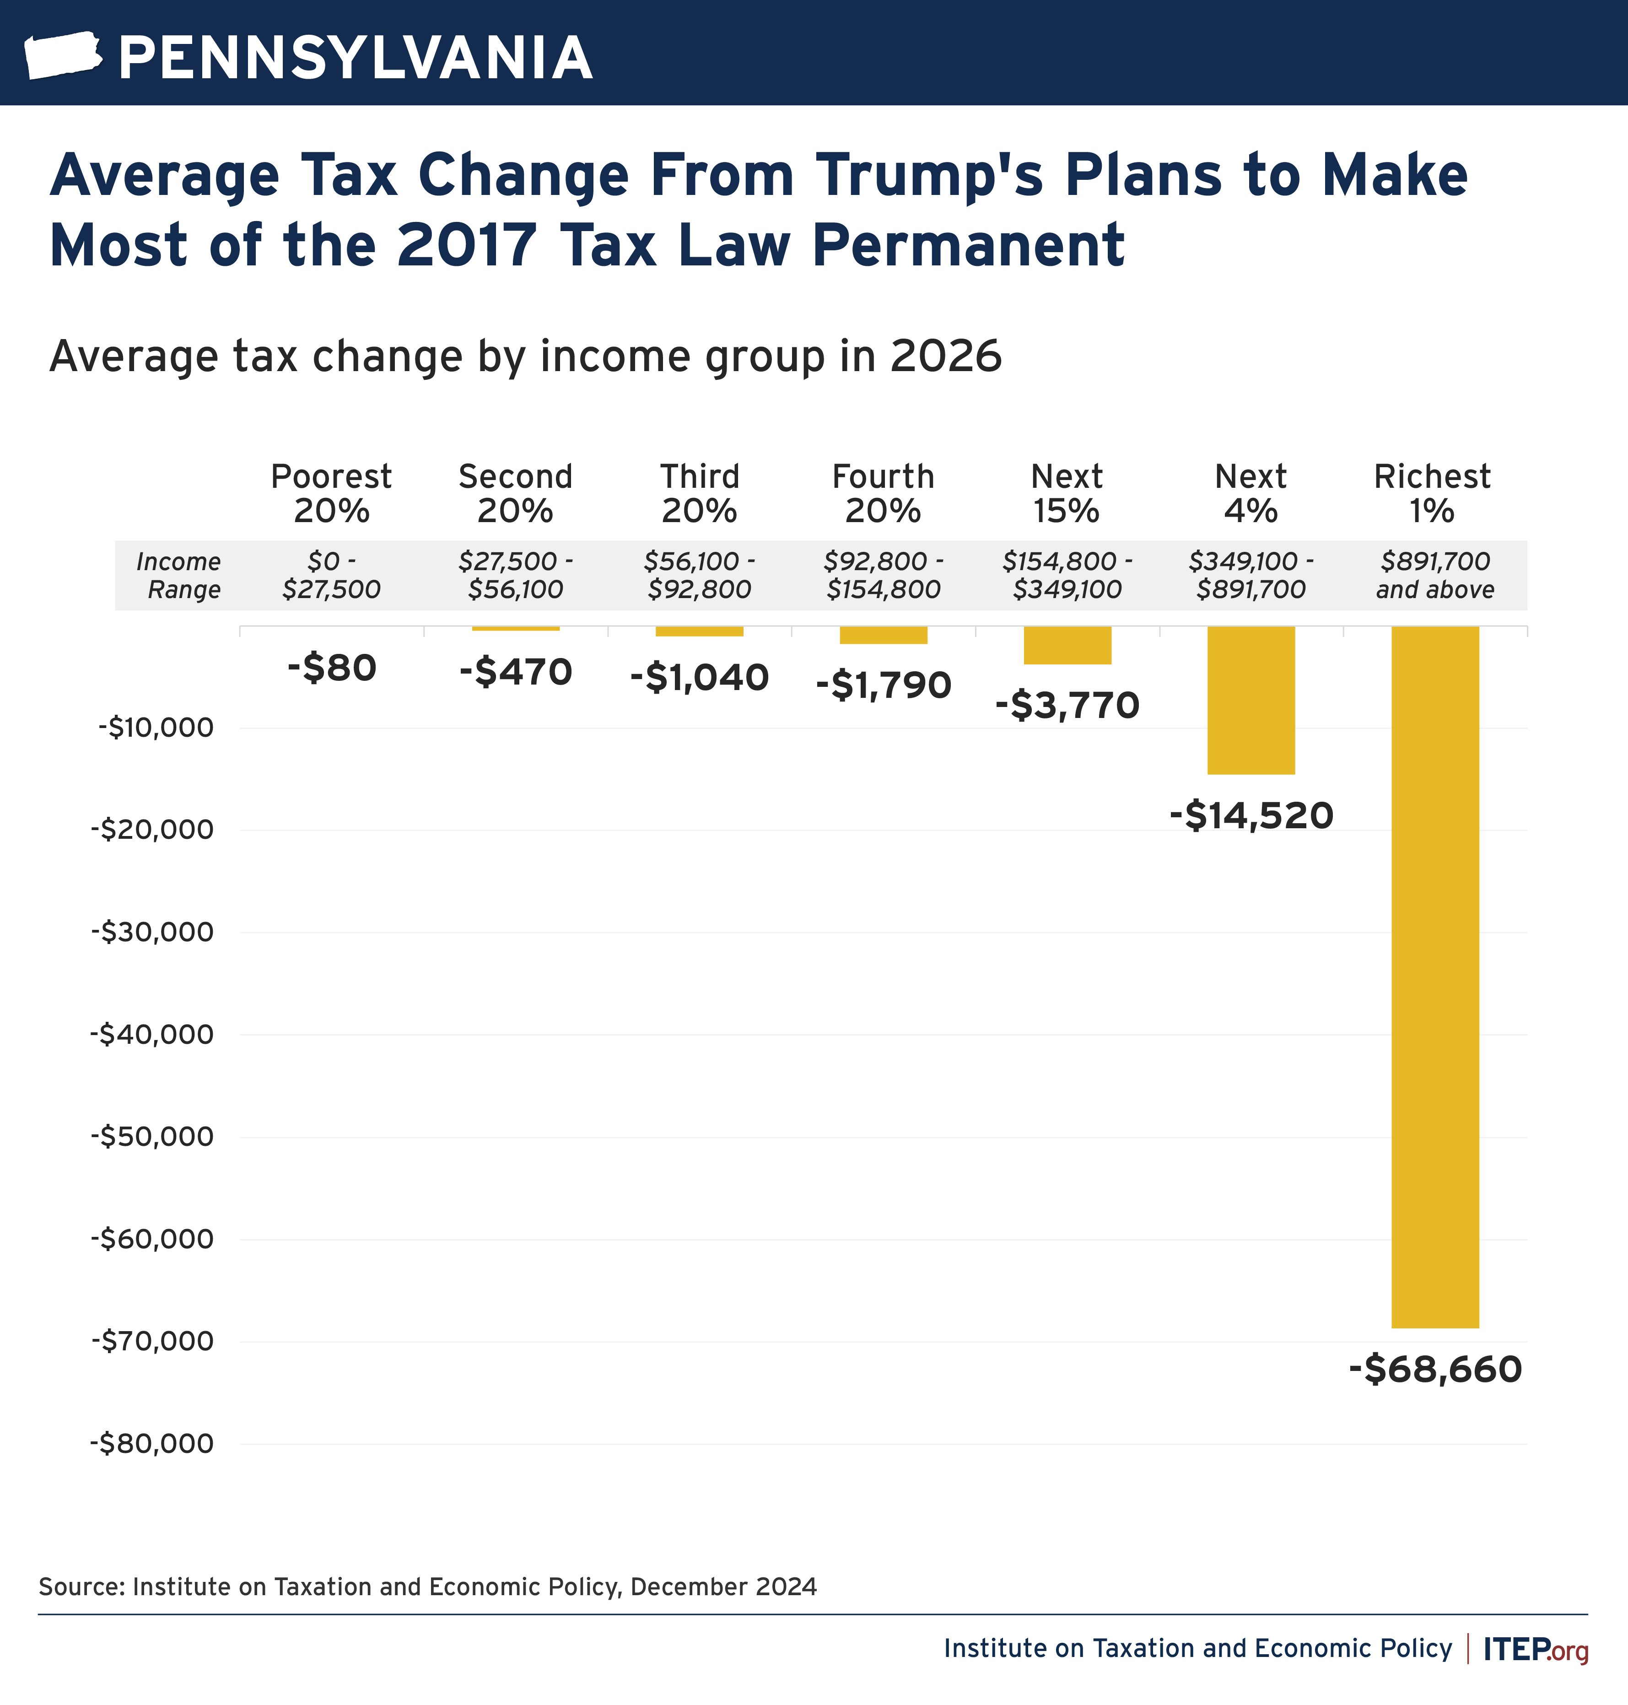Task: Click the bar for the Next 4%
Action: click(x=1251, y=699)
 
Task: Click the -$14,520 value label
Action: click(x=1251, y=815)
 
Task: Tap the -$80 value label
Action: click(x=331, y=667)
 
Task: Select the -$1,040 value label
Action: click(x=700, y=677)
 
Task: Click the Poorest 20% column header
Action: click(x=331, y=493)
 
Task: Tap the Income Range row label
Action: click(x=180, y=575)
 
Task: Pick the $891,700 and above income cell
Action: click(x=1434, y=575)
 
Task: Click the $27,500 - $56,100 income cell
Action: click(x=516, y=575)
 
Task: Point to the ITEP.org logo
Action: click(x=1535, y=1649)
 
